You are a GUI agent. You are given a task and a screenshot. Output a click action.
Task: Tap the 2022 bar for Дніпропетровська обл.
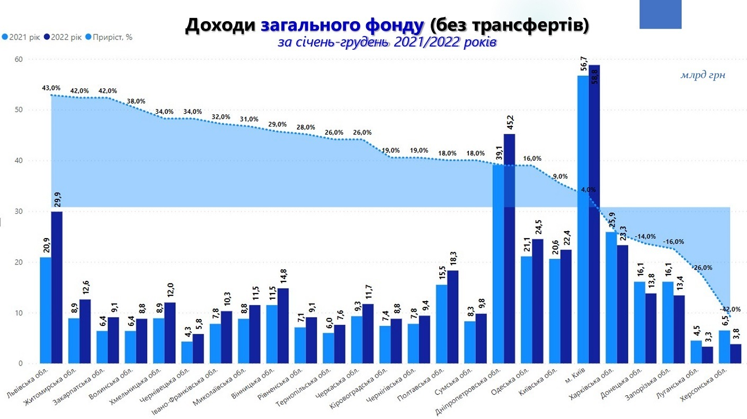(x=509, y=249)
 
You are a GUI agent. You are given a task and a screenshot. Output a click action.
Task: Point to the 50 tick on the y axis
(x=19, y=110)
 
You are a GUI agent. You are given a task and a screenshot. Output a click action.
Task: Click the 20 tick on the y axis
(x=19, y=262)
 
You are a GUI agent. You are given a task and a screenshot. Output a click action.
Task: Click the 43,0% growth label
(x=51, y=88)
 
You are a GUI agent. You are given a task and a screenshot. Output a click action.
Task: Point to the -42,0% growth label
(x=730, y=309)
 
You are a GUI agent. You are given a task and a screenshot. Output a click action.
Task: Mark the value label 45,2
(x=509, y=122)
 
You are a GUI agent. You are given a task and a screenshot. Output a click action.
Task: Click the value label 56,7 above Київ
(x=582, y=62)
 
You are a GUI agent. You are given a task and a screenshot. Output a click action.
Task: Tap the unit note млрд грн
(x=702, y=75)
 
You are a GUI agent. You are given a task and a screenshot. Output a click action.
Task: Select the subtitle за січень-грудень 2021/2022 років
(x=386, y=42)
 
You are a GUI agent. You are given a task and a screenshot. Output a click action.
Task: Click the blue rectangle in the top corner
(x=660, y=14)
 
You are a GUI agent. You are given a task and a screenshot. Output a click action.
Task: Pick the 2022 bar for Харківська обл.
(x=622, y=304)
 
